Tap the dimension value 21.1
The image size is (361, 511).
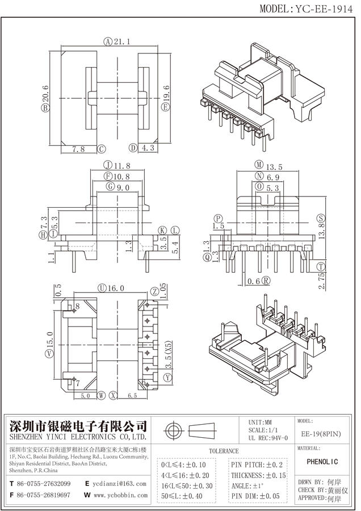pos(121,41)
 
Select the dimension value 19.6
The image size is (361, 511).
pos(166,92)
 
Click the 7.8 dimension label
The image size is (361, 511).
pos(79,149)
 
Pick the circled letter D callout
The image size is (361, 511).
pos(133,148)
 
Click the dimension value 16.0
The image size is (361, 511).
pos(116,288)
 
